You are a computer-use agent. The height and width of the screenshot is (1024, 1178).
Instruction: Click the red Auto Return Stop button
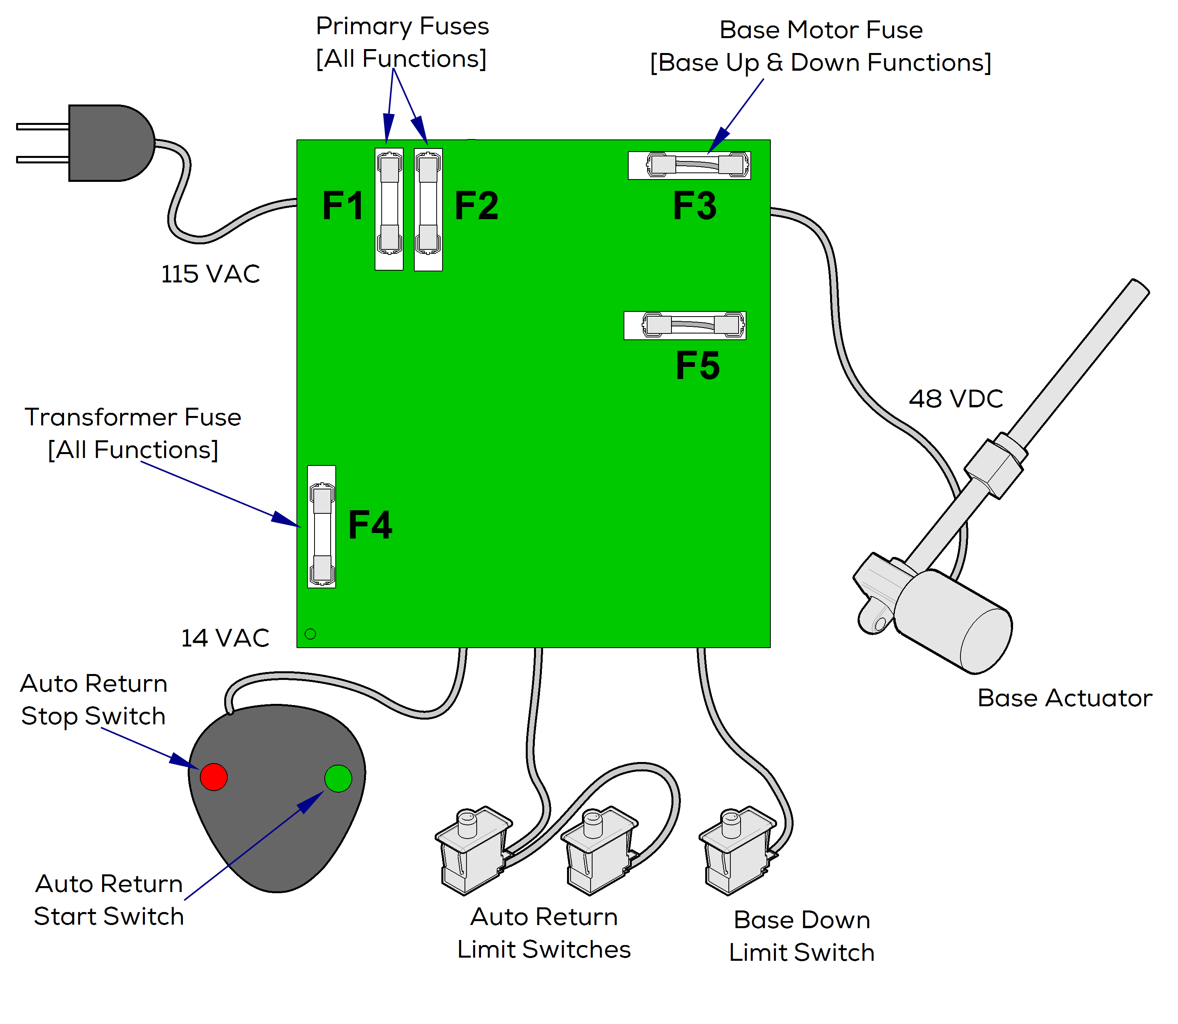pyautogui.click(x=214, y=777)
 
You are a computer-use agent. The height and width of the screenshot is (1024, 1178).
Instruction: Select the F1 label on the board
pyautogui.click(x=343, y=206)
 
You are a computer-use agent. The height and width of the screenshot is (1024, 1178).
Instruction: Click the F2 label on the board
pyautogui.click(x=476, y=206)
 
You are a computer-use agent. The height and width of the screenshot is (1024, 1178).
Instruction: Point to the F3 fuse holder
pyautogui.click(x=689, y=166)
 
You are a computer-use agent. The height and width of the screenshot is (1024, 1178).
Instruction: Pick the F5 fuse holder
pyautogui.click(x=685, y=326)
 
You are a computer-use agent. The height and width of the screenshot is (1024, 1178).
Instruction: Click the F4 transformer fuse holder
pyautogui.click(x=322, y=526)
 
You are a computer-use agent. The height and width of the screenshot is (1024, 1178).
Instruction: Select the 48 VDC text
pyautogui.click(x=956, y=399)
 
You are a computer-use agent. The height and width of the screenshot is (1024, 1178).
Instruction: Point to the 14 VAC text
pyautogui.click(x=225, y=638)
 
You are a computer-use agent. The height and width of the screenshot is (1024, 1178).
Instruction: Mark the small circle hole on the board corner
pyautogui.click(x=310, y=634)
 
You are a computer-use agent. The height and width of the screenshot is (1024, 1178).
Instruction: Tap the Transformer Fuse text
pyautogui.click(x=133, y=417)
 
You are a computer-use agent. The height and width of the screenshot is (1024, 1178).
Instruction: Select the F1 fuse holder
pyautogui.click(x=389, y=209)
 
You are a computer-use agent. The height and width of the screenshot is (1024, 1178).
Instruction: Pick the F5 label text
pyautogui.click(x=697, y=366)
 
